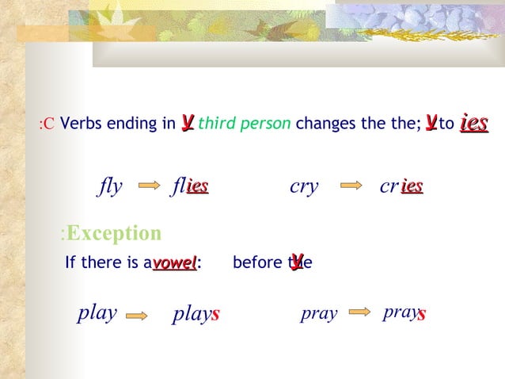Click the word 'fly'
coord(110,187)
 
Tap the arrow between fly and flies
coord(149,187)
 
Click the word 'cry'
coord(304,187)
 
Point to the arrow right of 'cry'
coord(351,187)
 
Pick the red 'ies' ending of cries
coord(412,186)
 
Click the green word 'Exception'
coord(114,233)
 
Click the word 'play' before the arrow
coord(97,313)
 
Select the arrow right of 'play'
coord(137,315)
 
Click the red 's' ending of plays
coord(215,315)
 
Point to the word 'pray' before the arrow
coord(319,314)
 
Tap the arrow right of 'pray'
coord(360,312)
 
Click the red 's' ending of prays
coord(422,314)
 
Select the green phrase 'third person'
coord(245,124)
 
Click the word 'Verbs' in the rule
coord(78,124)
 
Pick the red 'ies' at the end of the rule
coord(473,123)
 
